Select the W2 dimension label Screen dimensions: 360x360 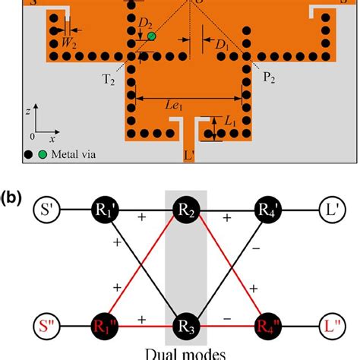tap(70, 43)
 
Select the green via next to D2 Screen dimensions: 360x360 tap(151, 36)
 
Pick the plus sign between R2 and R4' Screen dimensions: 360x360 tap(227, 218)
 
